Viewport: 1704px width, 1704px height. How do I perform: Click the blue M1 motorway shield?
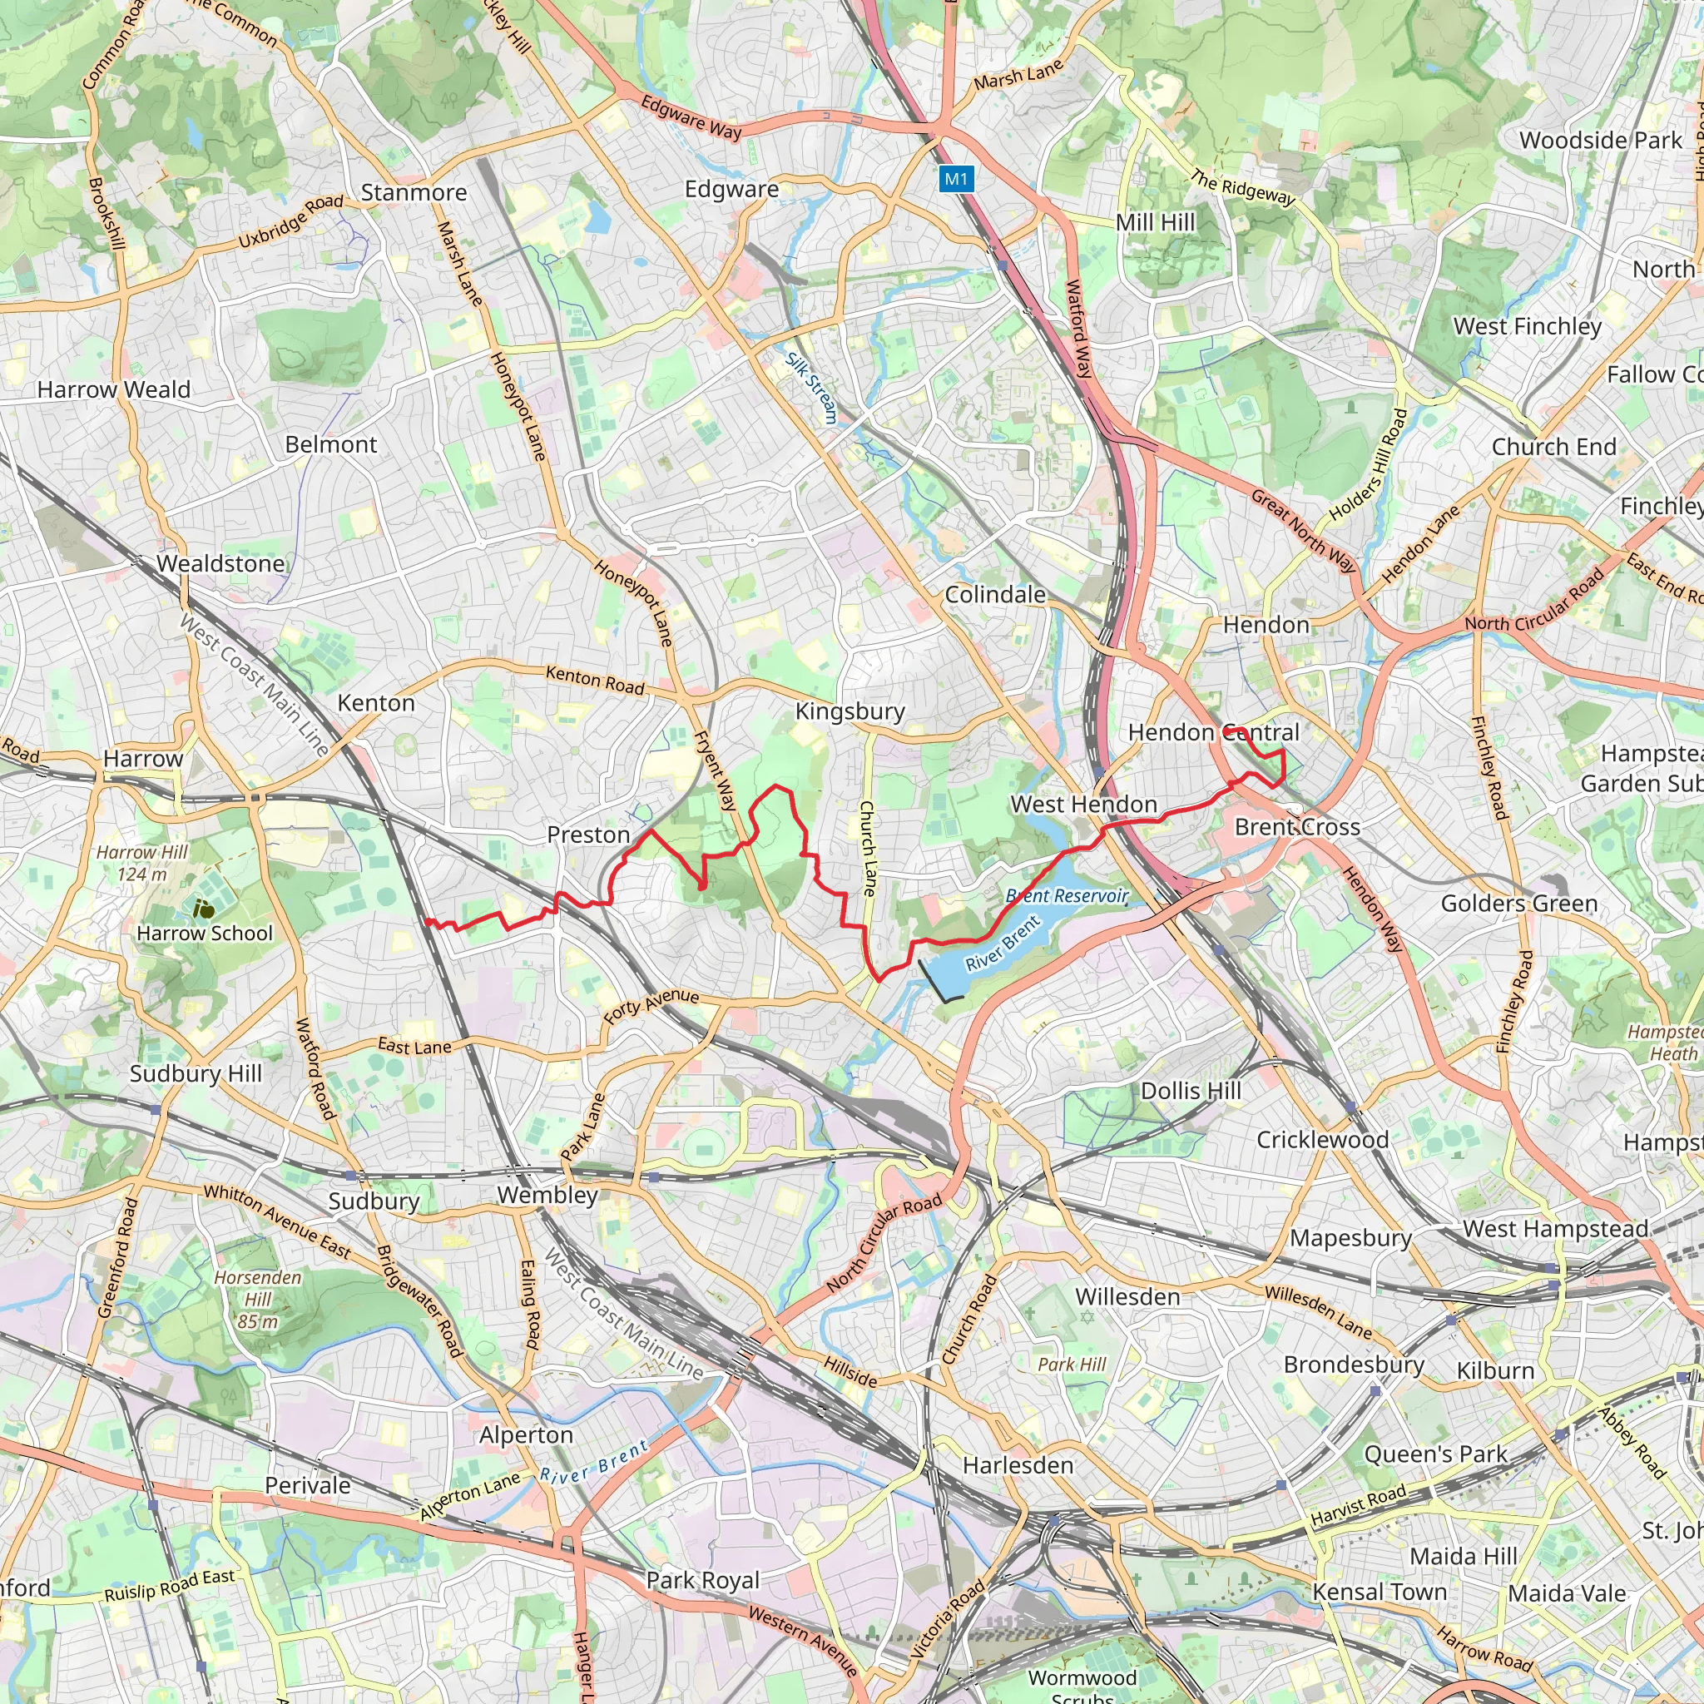pyautogui.click(x=956, y=180)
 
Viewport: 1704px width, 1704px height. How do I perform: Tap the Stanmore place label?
pyautogui.click(x=414, y=192)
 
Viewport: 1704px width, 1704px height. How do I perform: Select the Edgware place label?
pyautogui.click(x=731, y=190)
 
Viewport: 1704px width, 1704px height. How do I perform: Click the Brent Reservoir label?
pyautogui.click(x=1067, y=896)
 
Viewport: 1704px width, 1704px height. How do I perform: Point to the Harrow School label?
pyautogui.click(x=205, y=934)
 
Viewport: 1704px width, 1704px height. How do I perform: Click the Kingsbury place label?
pyautogui.click(x=850, y=711)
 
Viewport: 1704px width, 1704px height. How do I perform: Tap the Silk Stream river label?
pyautogui.click(x=811, y=388)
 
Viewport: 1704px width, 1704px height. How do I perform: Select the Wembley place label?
pyautogui.click(x=547, y=1195)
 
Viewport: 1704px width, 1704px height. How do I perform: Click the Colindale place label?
pyautogui.click(x=995, y=594)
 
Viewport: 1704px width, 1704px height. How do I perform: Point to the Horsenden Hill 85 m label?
pyautogui.click(x=258, y=1299)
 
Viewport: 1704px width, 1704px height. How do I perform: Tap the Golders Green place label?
pyautogui.click(x=1518, y=903)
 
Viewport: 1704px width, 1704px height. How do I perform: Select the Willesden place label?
pyautogui.click(x=1127, y=1296)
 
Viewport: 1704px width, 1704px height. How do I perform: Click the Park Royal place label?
pyautogui.click(x=702, y=1580)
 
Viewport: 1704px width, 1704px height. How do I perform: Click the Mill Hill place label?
pyautogui.click(x=1155, y=222)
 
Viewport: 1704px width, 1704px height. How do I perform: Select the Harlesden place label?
pyautogui.click(x=1018, y=1465)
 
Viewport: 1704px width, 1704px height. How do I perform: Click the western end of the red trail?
pyautogui.click(x=427, y=922)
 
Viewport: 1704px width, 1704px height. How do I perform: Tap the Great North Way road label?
pyautogui.click(x=1303, y=532)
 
